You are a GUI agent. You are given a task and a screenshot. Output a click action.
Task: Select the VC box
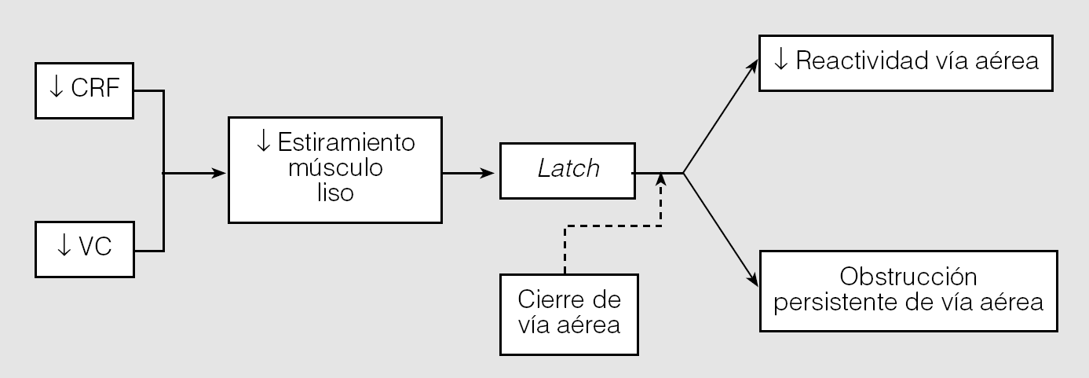coord(86,249)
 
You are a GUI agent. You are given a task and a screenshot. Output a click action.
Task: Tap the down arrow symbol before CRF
coord(57,88)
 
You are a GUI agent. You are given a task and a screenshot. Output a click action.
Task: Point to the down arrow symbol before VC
coord(64,248)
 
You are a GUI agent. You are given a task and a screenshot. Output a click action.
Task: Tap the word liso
coord(334,192)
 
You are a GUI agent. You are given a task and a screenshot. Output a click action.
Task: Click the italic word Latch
coord(568,169)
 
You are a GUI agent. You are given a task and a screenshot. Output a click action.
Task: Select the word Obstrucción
coord(908,277)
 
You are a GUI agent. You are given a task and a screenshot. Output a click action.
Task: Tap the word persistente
coord(840,301)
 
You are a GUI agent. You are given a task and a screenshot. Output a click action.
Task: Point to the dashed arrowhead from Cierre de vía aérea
coord(661,178)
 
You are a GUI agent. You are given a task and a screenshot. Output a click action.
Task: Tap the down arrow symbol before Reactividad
coord(780,61)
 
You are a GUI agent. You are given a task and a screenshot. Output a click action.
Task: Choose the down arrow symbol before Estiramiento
coord(263,142)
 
